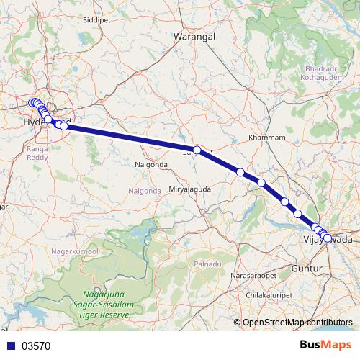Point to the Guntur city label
point(302,268)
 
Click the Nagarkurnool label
point(73,251)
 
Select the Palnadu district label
point(207,264)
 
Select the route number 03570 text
point(36,346)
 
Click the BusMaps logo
point(325,346)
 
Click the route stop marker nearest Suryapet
point(197,150)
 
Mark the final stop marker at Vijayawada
point(328,238)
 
